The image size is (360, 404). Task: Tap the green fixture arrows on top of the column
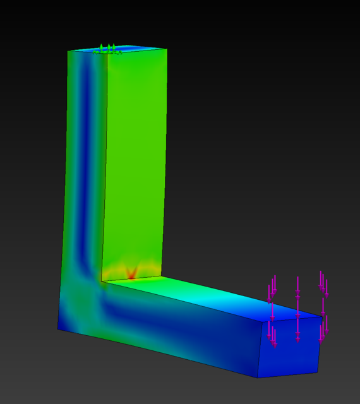point(107,49)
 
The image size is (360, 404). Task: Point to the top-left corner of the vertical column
point(68,51)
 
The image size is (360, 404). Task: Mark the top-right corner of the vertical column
point(167,49)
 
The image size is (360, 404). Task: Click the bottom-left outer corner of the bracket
point(58,329)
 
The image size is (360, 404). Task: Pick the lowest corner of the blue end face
point(258,377)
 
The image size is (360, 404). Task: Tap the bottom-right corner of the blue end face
point(317,372)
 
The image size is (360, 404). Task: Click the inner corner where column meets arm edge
point(102,282)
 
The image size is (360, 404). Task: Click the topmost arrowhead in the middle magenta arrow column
point(298,293)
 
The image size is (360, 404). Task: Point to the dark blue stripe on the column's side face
point(88,158)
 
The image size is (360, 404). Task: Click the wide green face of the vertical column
point(136,158)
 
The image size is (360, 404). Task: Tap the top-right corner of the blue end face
point(322,316)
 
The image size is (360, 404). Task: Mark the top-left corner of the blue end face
point(263,322)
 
